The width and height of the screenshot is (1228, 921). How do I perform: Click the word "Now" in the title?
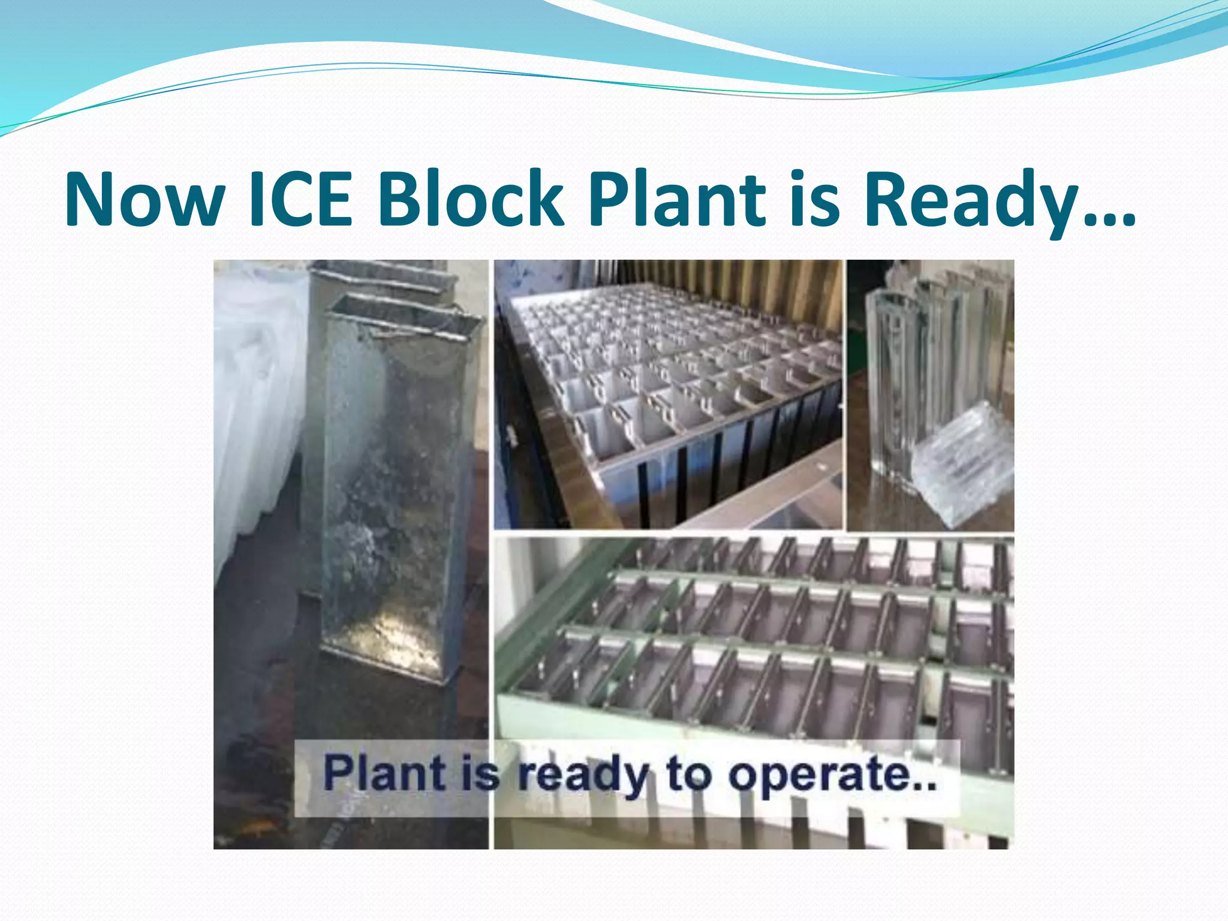tap(144, 199)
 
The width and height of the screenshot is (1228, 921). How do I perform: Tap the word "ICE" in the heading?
tap(299, 199)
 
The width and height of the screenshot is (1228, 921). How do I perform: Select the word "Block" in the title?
tap(470, 199)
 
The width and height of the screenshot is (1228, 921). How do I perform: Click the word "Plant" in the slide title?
tap(677, 199)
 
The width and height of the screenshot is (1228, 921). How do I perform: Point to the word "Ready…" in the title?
tap(998, 199)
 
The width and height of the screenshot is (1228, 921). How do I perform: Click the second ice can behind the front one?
tap(384, 282)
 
